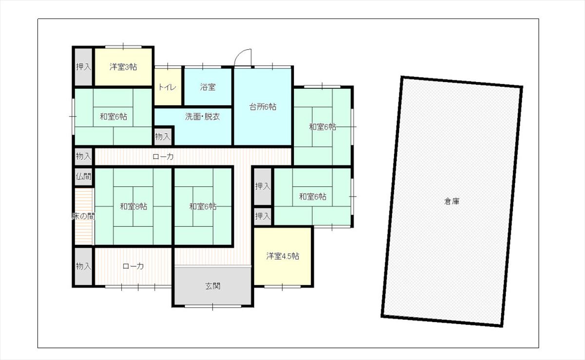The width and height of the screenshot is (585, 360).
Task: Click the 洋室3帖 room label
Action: pos(123,67)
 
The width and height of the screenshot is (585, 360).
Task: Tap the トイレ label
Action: pos(167,87)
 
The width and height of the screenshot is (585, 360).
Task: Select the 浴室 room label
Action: pos(208,87)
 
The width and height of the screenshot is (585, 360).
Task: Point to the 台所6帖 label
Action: pos(263,107)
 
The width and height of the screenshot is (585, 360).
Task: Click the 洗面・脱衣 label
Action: pos(202,117)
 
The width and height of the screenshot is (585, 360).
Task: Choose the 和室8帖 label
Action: pos(134,206)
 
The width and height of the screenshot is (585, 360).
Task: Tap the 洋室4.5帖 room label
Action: pos(283,256)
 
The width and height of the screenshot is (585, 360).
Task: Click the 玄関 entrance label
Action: pos(213,286)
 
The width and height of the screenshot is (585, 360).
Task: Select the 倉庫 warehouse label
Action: pos(451,201)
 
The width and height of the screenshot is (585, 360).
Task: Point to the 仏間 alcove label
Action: pos(83,177)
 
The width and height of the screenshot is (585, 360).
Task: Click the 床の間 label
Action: pos(83,216)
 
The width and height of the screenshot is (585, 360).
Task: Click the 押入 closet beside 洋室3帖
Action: pos(83,67)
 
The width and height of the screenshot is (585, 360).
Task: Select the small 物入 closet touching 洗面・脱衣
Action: pos(163,137)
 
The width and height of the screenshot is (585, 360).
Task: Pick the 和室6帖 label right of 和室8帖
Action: pos(203,206)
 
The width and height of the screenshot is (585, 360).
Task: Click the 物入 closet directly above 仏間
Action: pos(83,157)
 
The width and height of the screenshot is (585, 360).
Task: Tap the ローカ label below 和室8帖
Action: pos(133,266)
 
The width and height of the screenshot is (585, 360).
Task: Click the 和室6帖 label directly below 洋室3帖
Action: pos(113,117)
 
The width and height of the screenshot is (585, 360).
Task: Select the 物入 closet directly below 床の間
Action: pos(83,266)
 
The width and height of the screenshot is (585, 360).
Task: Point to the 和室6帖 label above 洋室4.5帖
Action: pos(312,197)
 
